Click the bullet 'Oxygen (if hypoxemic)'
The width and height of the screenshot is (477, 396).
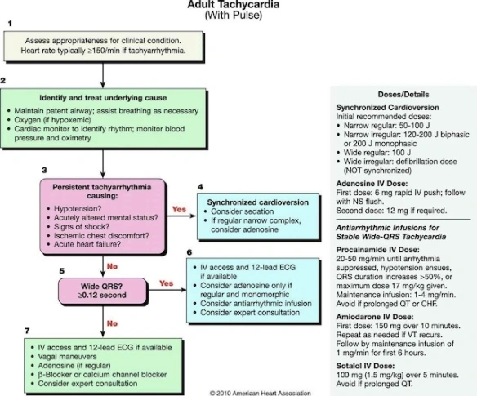(x=60, y=121)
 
